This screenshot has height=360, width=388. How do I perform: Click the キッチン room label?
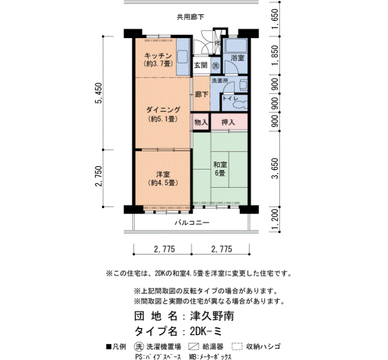[x=158, y=55]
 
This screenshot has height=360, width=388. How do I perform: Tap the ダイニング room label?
[x=163, y=110]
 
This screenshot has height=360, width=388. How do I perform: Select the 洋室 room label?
[x=163, y=174]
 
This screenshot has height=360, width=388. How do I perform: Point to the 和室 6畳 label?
[x=220, y=169]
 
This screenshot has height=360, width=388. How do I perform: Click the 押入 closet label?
[x=228, y=122]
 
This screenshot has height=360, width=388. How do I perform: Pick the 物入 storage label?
[x=201, y=122]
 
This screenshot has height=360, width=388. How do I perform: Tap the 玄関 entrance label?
[x=201, y=65]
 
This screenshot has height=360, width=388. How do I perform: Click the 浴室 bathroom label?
[x=238, y=58]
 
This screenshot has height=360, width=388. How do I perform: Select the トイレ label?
[x=231, y=99]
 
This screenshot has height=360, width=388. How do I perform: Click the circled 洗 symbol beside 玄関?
[x=216, y=66]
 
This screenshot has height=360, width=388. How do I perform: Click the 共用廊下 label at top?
[x=190, y=17]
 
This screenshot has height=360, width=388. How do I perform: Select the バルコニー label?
[x=192, y=223]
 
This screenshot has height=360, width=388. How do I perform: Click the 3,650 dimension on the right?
[x=275, y=168]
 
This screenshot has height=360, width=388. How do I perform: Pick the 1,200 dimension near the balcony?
[x=275, y=219]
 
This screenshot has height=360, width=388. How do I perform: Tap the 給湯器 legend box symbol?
[x=193, y=346]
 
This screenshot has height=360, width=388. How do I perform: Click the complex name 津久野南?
[x=212, y=316]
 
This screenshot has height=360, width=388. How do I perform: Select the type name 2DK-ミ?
[x=206, y=331]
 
